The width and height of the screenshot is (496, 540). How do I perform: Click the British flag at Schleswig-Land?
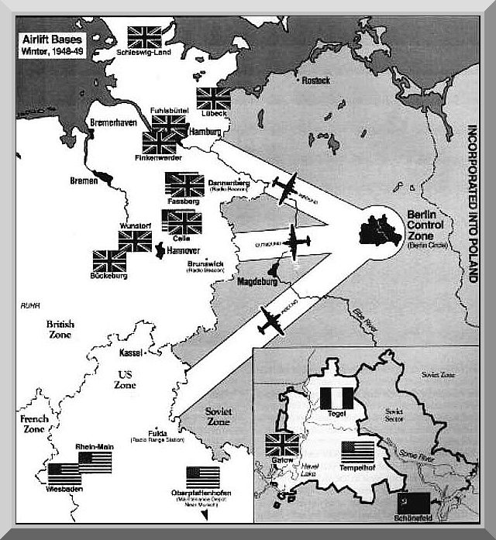[x=143, y=36]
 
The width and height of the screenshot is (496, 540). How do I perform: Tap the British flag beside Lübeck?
[x=212, y=98]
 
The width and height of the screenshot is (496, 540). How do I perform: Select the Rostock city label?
[x=317, y=81]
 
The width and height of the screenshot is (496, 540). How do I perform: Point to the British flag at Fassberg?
[x=184, y=184]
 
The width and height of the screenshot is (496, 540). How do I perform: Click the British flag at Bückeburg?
[x=108, y=261]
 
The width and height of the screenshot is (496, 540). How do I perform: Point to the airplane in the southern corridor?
[x=272, y=319]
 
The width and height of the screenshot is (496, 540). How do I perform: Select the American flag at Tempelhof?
[x=357, y=452]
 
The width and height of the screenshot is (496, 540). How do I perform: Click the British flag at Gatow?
[x=282, y=445]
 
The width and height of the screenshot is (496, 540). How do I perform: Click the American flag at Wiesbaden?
[x=64, y=474]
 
